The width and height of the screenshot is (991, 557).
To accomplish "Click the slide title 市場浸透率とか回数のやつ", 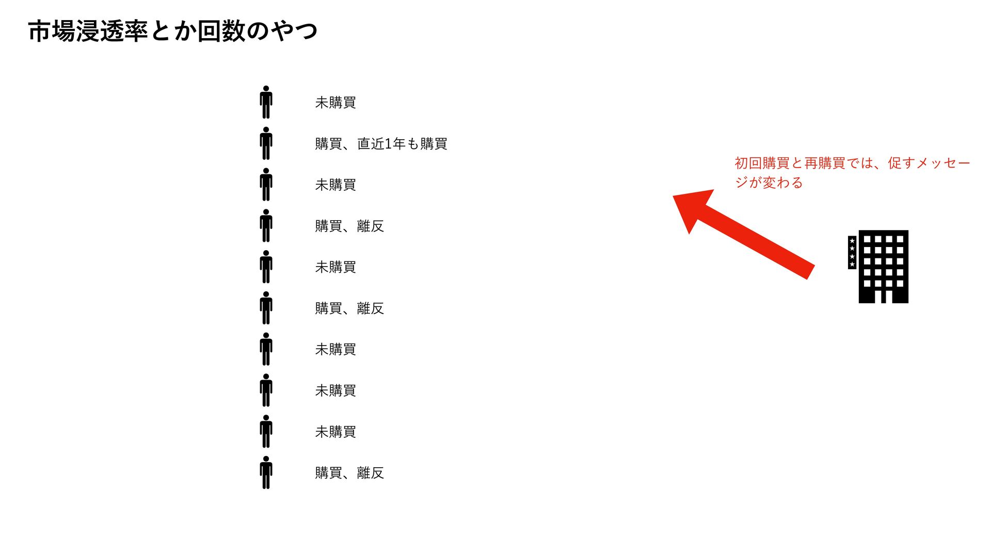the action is coord(172,31).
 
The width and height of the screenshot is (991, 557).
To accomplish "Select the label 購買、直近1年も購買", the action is coord(381,144).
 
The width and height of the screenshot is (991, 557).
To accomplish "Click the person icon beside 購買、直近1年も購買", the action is coord(266,143).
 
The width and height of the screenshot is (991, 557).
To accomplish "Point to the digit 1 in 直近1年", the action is coord(389,144).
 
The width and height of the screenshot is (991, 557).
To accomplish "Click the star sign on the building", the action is coord(852,253).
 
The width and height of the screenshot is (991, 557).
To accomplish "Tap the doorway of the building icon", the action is coord(884,297).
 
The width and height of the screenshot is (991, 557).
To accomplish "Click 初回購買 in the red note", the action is coord(762,163).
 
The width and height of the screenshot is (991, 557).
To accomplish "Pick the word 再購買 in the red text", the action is coord(825,163).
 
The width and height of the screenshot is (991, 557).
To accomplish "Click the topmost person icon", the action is coord(266,102).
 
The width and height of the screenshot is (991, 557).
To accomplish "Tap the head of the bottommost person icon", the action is coord(266,459).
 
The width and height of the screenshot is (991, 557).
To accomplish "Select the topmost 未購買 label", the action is coord(335,103).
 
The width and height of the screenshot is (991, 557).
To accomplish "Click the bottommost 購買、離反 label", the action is coord(349,473).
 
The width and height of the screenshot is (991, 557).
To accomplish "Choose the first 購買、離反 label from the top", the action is coord(349,226).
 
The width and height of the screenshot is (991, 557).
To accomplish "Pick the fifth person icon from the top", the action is coord(266,267).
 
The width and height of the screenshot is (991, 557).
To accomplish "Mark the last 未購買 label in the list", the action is coord(335,432).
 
